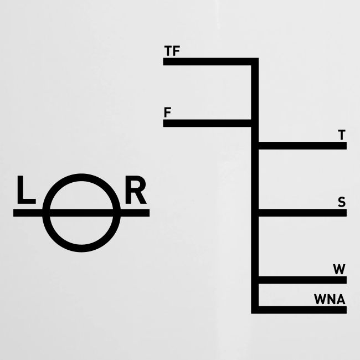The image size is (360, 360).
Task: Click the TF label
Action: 172,51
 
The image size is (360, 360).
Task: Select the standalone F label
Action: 168,112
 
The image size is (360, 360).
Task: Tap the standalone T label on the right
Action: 342,135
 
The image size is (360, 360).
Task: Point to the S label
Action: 342,202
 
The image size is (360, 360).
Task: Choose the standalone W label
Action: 339,269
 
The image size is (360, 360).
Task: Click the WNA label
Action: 330,300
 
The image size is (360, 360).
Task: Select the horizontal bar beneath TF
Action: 207,61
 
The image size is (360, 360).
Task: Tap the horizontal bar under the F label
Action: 207,124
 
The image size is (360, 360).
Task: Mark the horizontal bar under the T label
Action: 302,146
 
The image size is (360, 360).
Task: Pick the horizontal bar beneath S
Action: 302,213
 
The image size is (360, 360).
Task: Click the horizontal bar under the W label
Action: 302,280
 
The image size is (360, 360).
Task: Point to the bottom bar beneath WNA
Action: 302,310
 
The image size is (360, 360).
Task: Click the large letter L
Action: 26,190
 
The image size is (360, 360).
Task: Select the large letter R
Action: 136,190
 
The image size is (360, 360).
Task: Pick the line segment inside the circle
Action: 81,213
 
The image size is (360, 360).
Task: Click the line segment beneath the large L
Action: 28,213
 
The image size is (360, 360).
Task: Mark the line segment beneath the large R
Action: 135,213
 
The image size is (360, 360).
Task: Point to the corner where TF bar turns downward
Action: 255,61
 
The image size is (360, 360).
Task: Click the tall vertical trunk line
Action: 255,186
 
